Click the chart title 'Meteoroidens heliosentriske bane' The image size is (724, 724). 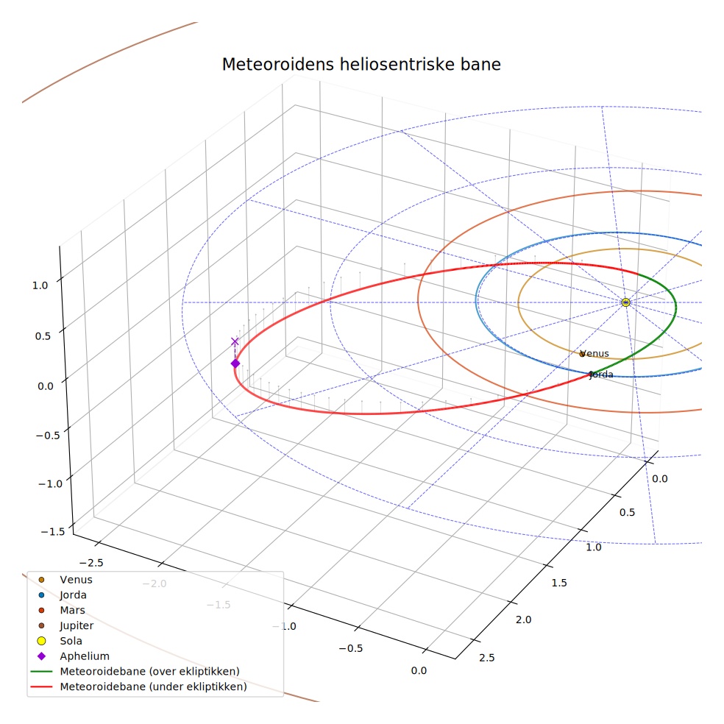click(361, 64)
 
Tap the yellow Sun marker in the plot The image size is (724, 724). click(625, 302)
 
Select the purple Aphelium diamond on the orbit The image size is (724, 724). click(235, 364)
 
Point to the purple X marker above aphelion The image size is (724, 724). click(235, 341)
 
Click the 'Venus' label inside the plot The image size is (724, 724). click(595, 353)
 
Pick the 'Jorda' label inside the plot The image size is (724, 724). click(601, 375)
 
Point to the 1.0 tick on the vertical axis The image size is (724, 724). click(40, 285)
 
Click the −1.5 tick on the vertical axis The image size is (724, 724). click(53, 531)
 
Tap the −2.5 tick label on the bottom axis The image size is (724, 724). click(91, 563)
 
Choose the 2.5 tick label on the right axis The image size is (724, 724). click(486, 658)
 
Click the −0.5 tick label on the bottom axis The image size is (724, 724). click(350, 648)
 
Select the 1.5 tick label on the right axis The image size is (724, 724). click(558, 583)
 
